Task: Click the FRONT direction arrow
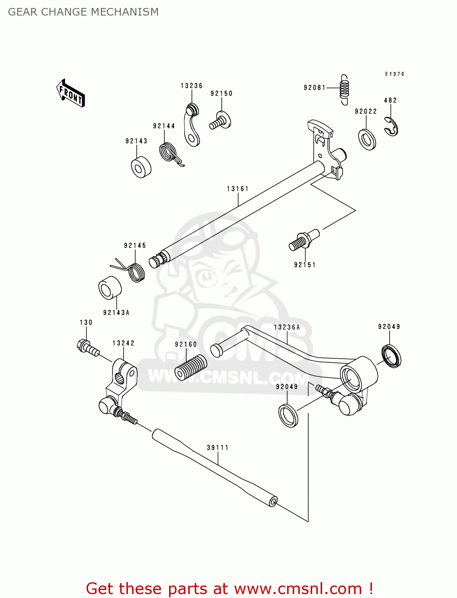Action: click(x=71, y=93)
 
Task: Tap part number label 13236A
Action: click(x=287, y=327)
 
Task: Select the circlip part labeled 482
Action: click(x=391, y=126)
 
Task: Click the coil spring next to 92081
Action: click(x=344, y=90)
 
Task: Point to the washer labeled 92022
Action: click(x=367, y=140)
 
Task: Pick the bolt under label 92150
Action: click(x=220, y=120)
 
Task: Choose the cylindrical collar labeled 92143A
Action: click(x=110, y=288)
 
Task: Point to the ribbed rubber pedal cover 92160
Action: click(x=191, y=367)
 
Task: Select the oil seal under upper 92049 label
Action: click(x=391, y=355)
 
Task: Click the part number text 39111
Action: click(x=218, y=448)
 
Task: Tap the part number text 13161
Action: click(x=238, y=189)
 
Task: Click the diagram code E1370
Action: click(x=394, y=74)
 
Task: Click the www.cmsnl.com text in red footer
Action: click(x=298, y=588)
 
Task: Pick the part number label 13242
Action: click(x=123, y=343)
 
